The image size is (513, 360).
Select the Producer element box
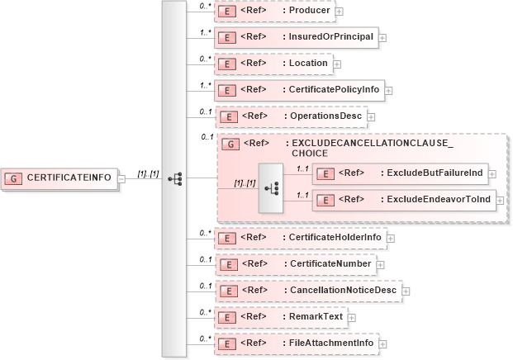click(x=273, y=11)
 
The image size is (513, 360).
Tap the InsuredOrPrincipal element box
click(x=295, y=37)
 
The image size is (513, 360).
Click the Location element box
click(x=273, y=63)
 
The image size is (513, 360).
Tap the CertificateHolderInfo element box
click(x=300, y=238)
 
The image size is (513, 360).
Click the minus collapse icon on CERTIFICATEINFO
click(x=121, y=178)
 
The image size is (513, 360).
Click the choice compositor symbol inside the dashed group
click(x=270, y=187)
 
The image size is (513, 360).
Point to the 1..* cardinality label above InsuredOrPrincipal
click(x=205, y=33)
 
